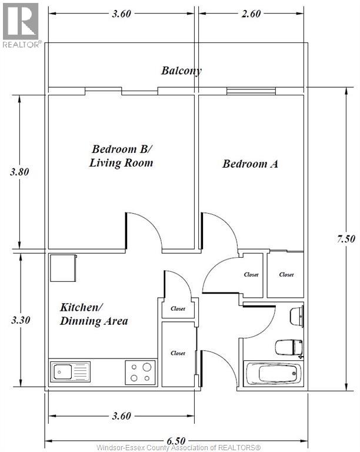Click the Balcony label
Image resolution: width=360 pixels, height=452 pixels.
click(x=181, y=71)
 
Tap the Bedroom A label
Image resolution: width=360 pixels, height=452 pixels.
click(x=250, y=164)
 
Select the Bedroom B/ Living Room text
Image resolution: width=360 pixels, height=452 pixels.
click(x=121, y=156)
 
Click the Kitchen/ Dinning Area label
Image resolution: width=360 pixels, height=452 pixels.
click(x=94, y=314)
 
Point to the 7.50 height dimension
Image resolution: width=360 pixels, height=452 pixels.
click(x=346, y=239)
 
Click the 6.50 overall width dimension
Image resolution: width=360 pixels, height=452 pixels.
click(x=176, y=441)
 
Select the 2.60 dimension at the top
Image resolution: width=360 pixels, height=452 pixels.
click(x=251, y=14)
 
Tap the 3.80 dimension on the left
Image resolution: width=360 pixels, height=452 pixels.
click(x=19, y=172)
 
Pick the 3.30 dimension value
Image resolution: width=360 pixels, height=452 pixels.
click(x=21, y=320)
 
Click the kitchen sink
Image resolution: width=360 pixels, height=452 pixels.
click(x=70, y=372)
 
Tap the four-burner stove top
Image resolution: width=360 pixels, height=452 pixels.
click(x=140, y=373)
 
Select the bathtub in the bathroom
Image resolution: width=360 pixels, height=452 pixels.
click(x=273, y=373)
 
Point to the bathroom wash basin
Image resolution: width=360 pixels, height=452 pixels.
click(x=296, y=317)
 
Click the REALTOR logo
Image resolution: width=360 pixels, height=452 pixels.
click(x=22, y=25)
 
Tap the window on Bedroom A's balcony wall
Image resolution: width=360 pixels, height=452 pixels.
click(x=251, y=91)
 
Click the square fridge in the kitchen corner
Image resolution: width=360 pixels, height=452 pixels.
click(x=64, y=268)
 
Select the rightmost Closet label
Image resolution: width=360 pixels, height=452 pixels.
click(x=286, y=275)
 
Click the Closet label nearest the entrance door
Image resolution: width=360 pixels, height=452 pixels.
click(x=178, y=353)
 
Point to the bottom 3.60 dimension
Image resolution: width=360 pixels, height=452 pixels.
click(x=122, y=416)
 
